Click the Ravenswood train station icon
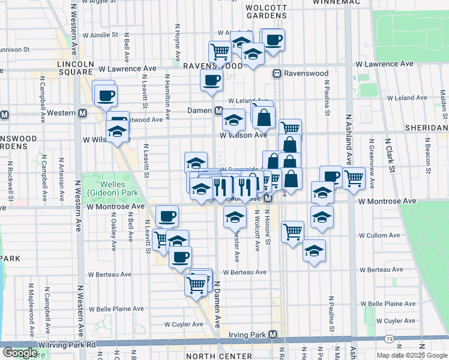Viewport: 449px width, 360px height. (277, 74)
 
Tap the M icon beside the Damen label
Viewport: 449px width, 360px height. (219, 111)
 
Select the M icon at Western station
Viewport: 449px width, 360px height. (82, 113)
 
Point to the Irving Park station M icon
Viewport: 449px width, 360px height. (273, 334)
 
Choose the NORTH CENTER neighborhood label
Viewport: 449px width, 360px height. (211, 356)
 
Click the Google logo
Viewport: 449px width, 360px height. (19, 353)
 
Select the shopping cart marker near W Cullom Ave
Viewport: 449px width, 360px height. (292, 231)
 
